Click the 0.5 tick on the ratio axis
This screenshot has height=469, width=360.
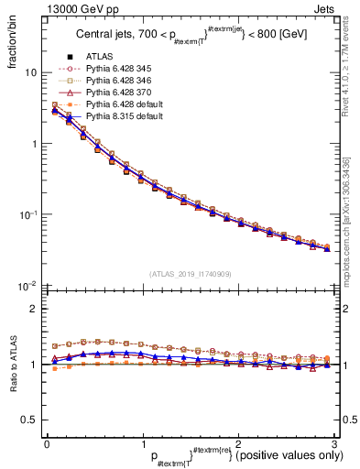(29, 420)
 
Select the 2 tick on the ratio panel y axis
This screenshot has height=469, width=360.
(33, 309)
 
